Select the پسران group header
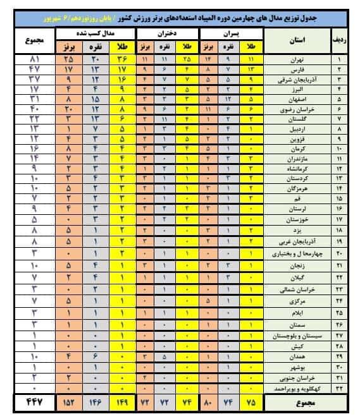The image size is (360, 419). point(230,31)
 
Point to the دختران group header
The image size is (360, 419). point(166,31)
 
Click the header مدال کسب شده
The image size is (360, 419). point(96,31)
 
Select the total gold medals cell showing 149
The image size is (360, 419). point(121,402)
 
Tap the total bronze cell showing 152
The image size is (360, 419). point(67,402)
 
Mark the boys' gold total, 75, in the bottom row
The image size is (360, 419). point(251,402)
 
